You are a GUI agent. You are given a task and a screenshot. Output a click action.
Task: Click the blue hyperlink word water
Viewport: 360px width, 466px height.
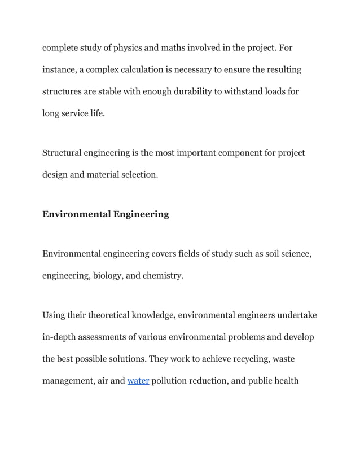click(138, 381)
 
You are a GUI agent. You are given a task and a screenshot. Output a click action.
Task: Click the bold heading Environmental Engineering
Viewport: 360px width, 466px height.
click(106, 214)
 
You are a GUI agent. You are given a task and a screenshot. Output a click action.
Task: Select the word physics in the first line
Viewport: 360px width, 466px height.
click(131, 48)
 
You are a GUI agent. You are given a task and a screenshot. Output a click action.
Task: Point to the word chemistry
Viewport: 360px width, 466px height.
click(163, 276)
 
